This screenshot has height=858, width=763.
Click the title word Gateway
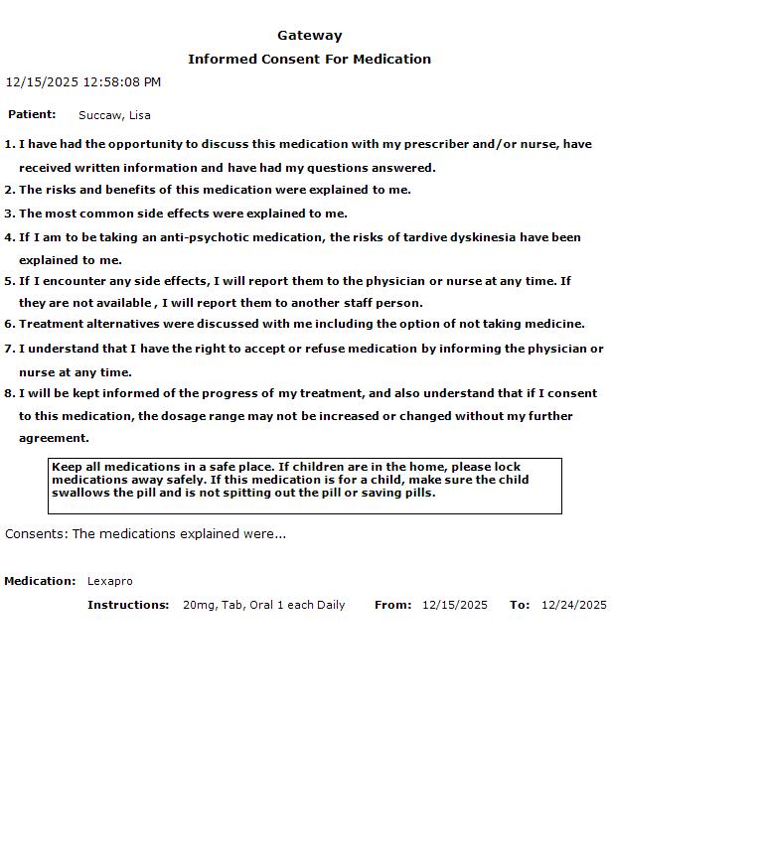point(309,36)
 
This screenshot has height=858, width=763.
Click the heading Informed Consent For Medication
point(309,60)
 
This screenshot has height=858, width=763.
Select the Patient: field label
point(32,115)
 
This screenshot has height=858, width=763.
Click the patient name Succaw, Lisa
point(114,115)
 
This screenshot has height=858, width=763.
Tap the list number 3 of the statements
point(9,214)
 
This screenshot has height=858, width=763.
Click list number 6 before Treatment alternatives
point(9,324)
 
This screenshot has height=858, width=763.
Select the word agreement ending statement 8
point(54,438)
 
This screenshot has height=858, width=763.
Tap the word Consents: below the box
point(36,534)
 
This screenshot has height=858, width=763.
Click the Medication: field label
point(40,581)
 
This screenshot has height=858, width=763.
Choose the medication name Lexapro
point(109,581)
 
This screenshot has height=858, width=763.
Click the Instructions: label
point(128,605)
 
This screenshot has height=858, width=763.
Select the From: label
point(392,605)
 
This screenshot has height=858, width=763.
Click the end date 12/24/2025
point(573,605)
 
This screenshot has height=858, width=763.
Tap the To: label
point(519,605)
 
